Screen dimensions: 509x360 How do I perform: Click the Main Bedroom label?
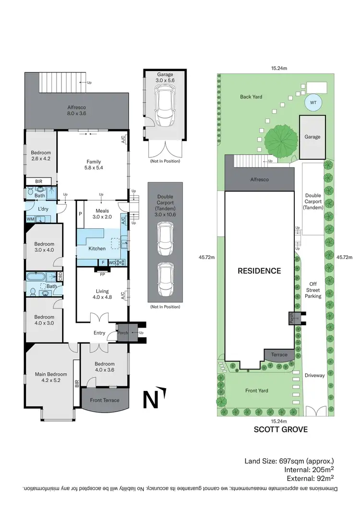click(x=50, y=374)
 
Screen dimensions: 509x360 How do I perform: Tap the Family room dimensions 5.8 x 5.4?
click(x=94, y=168)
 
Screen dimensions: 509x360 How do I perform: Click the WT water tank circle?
click(x=313, y=103)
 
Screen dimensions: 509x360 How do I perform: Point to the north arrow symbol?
click(x=155, y=398)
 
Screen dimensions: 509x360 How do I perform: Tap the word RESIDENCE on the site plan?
click(x=259, y=271)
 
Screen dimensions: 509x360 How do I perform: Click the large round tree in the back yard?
click(x=277, y=139)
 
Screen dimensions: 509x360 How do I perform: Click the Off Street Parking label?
click(x=312, y=290)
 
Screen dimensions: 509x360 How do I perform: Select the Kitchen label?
click(x=97, y=249)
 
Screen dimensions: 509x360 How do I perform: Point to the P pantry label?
click(x=80, y=213)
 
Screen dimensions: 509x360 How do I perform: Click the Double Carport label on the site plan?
click(x=313, y=201)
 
